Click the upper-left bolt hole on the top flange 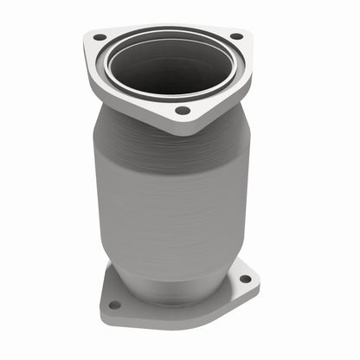100,37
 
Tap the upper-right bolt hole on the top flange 235,36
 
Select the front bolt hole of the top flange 182,111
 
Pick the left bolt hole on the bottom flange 114,304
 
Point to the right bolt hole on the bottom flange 245,279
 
